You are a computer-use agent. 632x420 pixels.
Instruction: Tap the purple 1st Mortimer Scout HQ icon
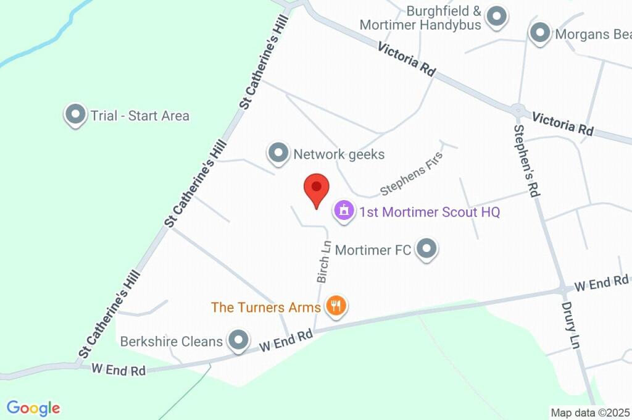click(x=343, y=211)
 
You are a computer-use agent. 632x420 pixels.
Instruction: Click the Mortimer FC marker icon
click(x=426, y=249)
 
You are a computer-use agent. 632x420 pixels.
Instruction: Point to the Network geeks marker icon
click(x=278, y=153)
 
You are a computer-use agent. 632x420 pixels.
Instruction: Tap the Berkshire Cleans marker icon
click(x=238, y=340)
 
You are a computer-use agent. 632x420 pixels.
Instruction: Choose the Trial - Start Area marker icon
click(x=75, y=115)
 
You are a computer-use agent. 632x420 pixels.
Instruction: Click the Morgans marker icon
click(x=541, y=33)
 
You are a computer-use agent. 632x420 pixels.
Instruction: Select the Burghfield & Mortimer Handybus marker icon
click(x=496, y=17)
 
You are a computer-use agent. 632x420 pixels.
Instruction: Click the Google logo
click(x=33, y=408)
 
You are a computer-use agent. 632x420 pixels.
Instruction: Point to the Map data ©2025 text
click(x=590, y=413)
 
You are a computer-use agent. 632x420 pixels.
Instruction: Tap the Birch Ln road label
click(x=323, y=262)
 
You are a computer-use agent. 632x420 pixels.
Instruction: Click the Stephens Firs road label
click(x=412, y=178)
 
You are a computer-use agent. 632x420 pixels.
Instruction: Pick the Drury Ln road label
click(x=571, y=325)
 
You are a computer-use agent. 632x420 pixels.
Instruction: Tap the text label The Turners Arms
click(x=265, y=307)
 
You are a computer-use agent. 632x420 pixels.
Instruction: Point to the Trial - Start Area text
click(x=140, y=115)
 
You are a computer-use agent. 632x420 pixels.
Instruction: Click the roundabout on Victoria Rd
click(x=518, y=109)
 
